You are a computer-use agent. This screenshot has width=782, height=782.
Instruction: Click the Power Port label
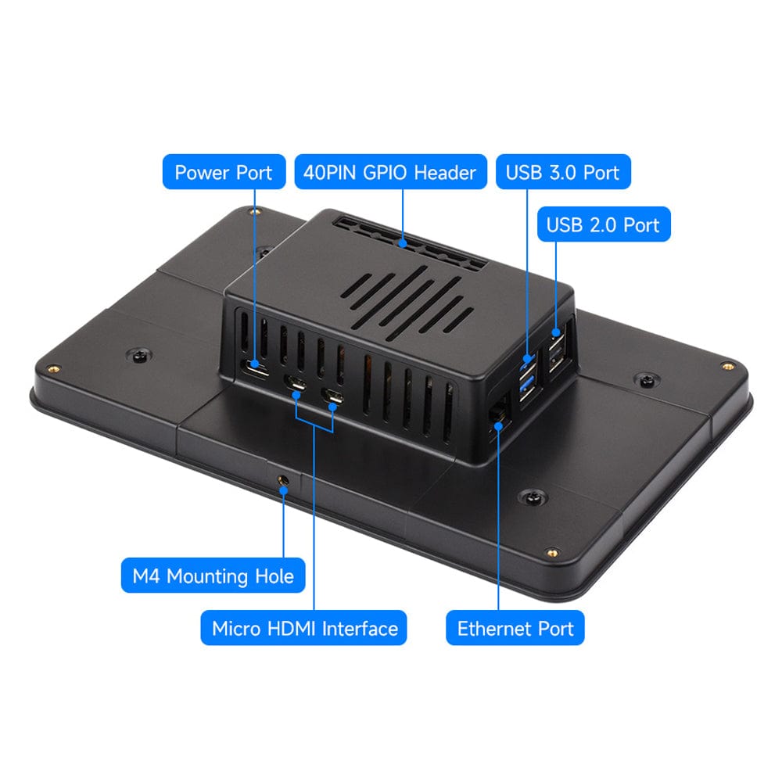(224, 172)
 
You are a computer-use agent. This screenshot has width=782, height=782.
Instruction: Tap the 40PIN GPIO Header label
(390, 172)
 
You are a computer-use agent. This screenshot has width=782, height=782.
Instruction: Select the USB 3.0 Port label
(563, 172)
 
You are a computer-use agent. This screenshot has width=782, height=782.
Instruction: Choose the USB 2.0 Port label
(604, 224)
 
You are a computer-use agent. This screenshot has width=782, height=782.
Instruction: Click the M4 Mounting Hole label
(213, 576)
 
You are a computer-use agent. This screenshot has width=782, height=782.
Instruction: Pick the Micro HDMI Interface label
(303, 628)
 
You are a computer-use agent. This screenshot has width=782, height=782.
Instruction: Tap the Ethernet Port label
(515, 628)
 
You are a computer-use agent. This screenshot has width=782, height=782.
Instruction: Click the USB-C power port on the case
(256, 368)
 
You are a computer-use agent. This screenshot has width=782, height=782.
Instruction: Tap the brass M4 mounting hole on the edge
(283, 481)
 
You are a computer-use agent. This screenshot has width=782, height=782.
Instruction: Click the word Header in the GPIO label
(445, 173)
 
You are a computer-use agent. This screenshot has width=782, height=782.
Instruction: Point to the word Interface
(360, 629)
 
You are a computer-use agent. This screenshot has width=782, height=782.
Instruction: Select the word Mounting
(208, 576)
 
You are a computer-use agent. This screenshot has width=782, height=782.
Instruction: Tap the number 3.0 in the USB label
(563, 173)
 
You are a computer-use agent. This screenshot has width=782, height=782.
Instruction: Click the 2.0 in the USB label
(604, 225)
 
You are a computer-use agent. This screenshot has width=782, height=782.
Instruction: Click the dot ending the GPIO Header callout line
(403, 244)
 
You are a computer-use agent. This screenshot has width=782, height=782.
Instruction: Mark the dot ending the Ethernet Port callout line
(498, 425)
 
